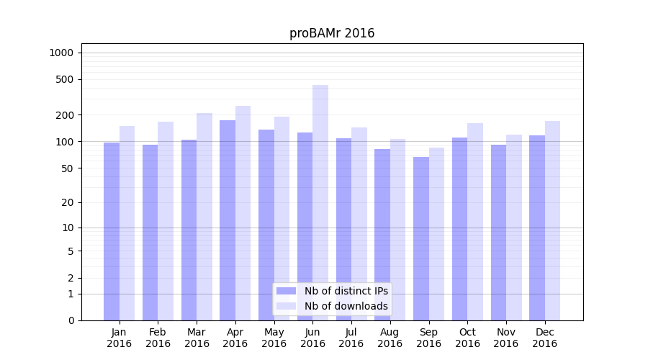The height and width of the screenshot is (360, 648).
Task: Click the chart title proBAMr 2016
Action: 332,33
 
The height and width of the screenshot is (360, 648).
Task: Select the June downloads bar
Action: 320,202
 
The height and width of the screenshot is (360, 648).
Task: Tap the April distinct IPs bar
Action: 228,220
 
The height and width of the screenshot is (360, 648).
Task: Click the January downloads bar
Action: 127,223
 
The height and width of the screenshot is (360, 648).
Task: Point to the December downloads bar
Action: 552,220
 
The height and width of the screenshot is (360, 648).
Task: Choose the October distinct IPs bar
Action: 459,229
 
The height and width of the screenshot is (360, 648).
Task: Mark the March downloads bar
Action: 204,217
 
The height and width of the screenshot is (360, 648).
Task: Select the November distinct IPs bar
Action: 498,233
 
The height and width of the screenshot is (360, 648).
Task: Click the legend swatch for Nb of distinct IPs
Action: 286,291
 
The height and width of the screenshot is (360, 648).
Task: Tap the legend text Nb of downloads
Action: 346,306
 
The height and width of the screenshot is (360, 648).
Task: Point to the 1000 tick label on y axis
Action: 61,53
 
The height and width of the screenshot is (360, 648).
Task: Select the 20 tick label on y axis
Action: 68,202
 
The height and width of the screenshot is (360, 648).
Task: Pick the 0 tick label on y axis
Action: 71,320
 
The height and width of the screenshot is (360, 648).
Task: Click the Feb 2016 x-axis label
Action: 158,338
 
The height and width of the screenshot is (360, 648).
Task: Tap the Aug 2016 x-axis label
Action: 390,338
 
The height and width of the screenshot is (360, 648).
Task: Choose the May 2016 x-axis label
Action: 274,338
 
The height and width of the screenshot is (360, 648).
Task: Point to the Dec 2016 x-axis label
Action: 544,338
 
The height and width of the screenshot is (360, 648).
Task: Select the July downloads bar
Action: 359,224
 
